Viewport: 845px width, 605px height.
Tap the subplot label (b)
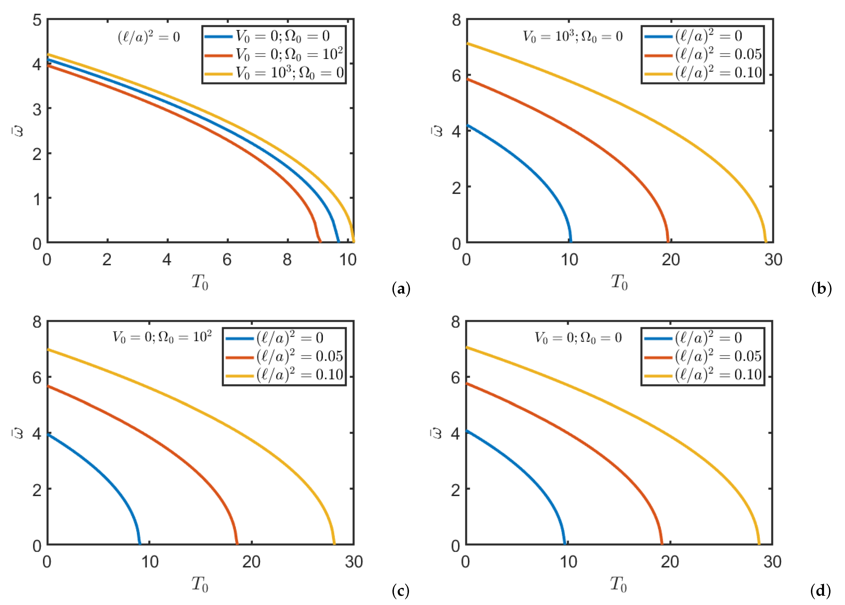click(821, 289)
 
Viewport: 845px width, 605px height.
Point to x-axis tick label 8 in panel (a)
click(287, 260)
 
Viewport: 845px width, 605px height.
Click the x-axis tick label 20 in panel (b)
click(671, 260)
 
